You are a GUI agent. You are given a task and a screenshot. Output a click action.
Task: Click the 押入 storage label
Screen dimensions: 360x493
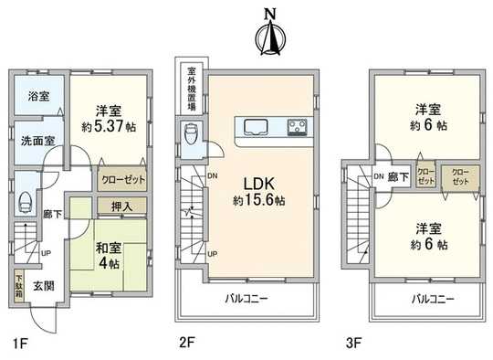(x=122, y=206)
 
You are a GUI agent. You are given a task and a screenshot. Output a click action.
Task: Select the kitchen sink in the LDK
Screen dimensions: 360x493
(x=254, y=127)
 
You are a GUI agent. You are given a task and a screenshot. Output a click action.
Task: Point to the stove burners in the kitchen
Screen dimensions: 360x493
(x=299, y=127)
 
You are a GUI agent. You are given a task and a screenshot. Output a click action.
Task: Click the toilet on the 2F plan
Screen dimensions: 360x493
(x=190, y=136)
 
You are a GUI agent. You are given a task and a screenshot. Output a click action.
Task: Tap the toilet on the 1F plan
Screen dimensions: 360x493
(x=24, y=203)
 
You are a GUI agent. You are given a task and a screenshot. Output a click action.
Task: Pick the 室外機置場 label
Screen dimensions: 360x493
(x=192, y=88)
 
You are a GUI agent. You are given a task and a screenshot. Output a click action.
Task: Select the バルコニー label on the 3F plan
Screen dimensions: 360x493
(x=427, y=299)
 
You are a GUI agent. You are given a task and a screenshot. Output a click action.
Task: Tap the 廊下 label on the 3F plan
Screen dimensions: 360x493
(x=396, y=175)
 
